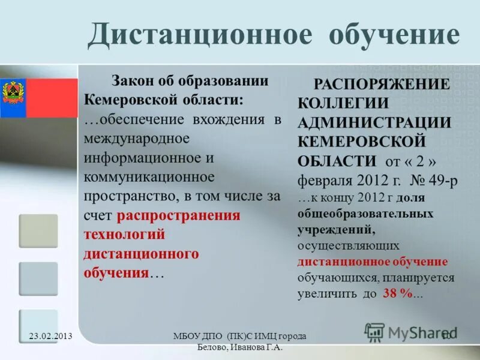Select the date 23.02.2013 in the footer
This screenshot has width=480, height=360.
[50, 336]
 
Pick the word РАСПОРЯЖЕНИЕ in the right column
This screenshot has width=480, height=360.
[382, 85]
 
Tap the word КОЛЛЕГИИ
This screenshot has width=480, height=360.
[343, 103]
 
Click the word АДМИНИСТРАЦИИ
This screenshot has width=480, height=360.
[374, 122]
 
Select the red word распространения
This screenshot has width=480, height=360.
[179, 215]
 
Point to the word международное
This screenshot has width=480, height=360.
[137, 139]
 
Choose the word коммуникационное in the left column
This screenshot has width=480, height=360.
[149, 177]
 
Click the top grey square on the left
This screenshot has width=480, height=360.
[38, 231]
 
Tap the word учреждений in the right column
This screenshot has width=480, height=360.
[336, 229]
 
